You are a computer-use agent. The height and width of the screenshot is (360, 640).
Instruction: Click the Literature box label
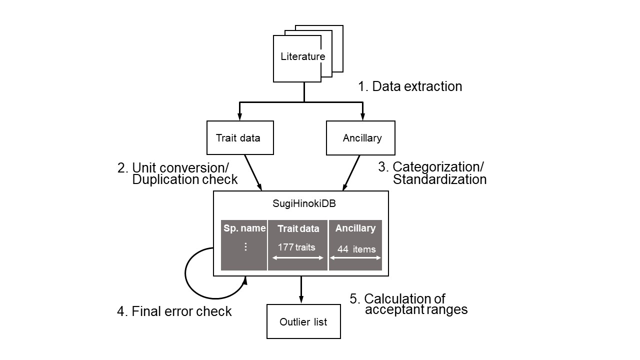(302, 56)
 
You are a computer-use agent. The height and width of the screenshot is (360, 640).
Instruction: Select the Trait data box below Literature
(240, 138)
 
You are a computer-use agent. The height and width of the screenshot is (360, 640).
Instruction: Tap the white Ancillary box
(360, 138)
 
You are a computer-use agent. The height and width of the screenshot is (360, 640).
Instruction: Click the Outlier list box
(303, 321)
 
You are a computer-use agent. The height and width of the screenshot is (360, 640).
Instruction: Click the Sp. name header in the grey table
(244, 228)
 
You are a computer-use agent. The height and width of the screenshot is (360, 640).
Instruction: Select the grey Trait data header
(298, 229)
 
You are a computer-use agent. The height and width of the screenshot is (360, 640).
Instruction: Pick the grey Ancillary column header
(355, 228)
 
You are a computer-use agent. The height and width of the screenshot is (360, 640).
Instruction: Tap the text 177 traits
(296, 247)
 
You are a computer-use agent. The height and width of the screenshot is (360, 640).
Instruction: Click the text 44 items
(356, 249)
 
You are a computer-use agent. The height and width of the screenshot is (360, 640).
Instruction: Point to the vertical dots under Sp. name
(245, 247)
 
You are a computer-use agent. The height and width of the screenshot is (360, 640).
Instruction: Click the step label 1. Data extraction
(409, 86)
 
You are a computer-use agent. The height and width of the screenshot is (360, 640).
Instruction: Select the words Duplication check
(185, 180)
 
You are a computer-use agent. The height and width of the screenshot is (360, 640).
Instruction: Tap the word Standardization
(439, 179)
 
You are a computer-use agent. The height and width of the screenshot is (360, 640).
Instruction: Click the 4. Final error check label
(174, 311)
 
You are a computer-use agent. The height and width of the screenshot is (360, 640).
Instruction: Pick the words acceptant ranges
(416, 309)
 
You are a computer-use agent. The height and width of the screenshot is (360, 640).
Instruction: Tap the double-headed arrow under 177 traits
(298, 258)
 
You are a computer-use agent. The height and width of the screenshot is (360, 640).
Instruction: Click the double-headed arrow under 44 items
(355, 258)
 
